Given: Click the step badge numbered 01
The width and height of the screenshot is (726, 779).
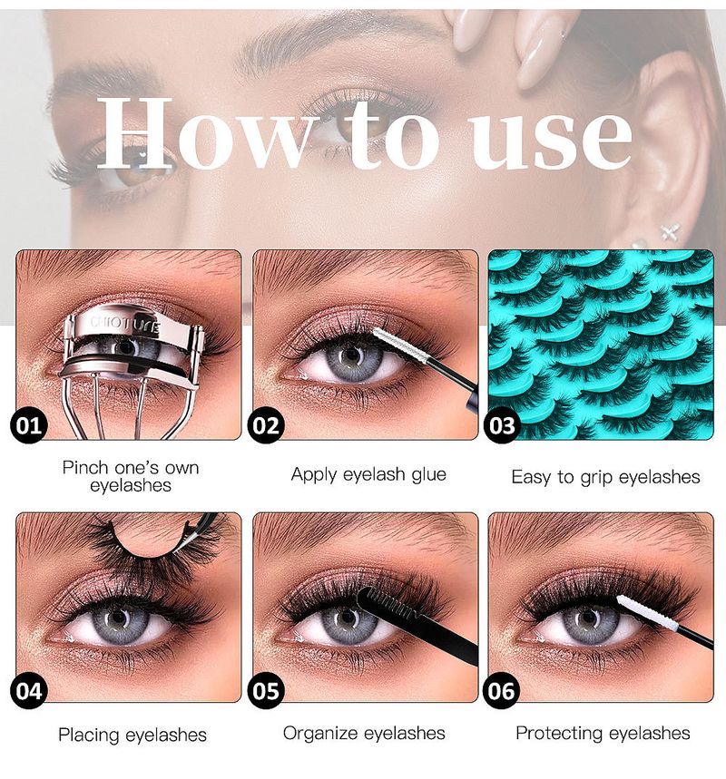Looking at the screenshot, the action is pyautogui.click(x=28, y=425).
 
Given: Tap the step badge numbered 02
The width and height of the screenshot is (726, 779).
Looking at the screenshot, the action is pyautogui.click(x=266, y=425).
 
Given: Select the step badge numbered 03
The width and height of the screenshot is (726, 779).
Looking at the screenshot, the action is pyautogui.click(x=501, y=425).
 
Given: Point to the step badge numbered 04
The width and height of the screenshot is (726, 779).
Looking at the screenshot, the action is pyautogui.click(x=28, y=691).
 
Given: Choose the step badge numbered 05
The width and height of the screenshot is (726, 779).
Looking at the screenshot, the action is pyautogui.click(x=266, y=691).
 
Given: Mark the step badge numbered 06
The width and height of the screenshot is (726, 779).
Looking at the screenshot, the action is pyautogui.click(x=501, y=691).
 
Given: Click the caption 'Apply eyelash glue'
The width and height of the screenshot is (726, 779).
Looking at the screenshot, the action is pyautogui.click(x=368, y=474).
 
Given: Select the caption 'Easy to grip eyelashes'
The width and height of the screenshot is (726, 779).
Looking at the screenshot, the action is pyautogui.click(x=605, y=477).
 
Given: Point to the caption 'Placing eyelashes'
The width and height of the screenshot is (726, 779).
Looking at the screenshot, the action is pyautogui.click(x=132, y=735).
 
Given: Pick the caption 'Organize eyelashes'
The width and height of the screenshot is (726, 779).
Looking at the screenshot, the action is pyautogui.click(x=364, y=734).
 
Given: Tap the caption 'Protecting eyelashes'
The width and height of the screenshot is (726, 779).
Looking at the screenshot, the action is pyautogui.click(x=603, y=734).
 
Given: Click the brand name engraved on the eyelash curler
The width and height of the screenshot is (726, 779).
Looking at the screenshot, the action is pyautogui.click(x=125, y=324).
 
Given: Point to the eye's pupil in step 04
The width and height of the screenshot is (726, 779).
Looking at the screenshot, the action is pyautogui.click(x=118, y=618).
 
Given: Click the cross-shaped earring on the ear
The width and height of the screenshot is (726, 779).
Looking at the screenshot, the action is pyautogui.click(x=671, y=232).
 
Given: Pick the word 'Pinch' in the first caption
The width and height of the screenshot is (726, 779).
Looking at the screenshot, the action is pyautogui.click(x=85, y=468).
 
